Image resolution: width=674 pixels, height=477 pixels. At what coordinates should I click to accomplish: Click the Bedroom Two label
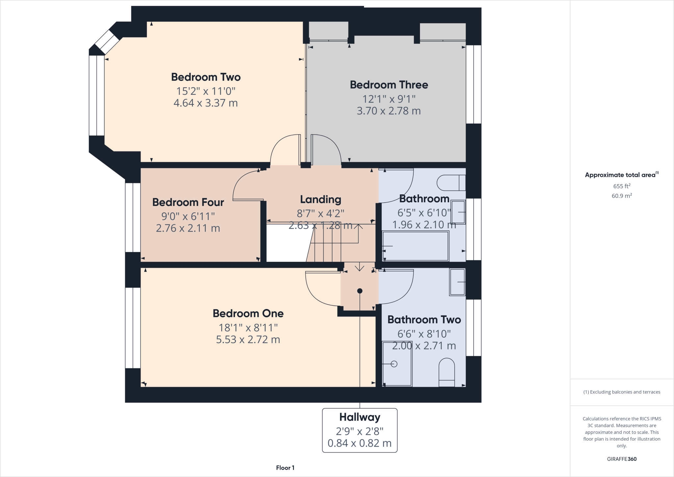point(206,77)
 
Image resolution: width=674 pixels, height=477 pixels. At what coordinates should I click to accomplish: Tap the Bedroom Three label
point(389,85)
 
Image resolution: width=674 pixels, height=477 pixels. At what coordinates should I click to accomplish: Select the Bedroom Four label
point(188,202)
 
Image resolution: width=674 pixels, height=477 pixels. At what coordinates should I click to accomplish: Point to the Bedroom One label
point(248,313)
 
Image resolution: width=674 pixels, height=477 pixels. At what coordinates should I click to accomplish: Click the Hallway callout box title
point(359,417)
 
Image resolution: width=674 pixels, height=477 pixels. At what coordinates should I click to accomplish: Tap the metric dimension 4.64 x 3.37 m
point(205,103)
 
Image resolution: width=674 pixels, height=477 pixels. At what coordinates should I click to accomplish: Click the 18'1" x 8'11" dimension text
point(248,328)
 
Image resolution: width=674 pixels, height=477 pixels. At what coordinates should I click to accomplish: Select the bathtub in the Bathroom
point(415,246)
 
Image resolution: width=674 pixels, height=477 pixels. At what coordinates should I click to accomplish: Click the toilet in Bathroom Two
point(447,373)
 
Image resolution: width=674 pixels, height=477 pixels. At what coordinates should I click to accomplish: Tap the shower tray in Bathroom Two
point(397,364)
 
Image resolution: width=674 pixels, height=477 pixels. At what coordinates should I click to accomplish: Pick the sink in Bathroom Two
point(457,282)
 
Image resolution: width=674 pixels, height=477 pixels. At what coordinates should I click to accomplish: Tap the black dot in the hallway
point(360,291)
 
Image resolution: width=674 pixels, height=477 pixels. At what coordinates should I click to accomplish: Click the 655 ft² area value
point(622,186)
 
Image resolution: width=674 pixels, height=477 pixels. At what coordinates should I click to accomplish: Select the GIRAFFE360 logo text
point(622,459)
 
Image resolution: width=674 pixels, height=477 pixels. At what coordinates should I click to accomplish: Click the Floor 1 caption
point(285,468)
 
